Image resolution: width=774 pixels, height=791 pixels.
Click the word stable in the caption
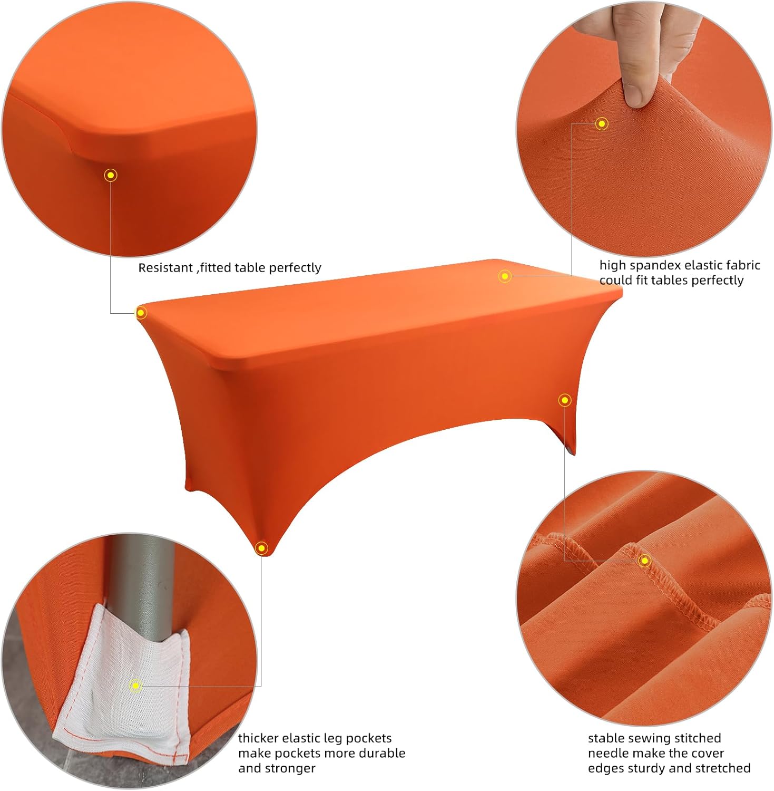click(604, 738)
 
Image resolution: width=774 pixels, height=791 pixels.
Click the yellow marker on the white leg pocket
click(135, 686)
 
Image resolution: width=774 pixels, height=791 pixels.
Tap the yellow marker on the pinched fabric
click(602, 124)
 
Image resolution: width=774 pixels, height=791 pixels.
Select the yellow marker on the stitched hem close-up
click(644, 561)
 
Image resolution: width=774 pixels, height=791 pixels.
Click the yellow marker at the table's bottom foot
click(261, 548)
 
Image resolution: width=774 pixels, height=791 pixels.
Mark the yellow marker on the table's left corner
click(141, 313)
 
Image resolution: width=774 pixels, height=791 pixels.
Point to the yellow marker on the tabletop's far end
click(505, 276)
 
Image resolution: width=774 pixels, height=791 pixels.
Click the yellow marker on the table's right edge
click(565, 400)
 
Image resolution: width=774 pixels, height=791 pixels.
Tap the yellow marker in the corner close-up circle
click(111, 175)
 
